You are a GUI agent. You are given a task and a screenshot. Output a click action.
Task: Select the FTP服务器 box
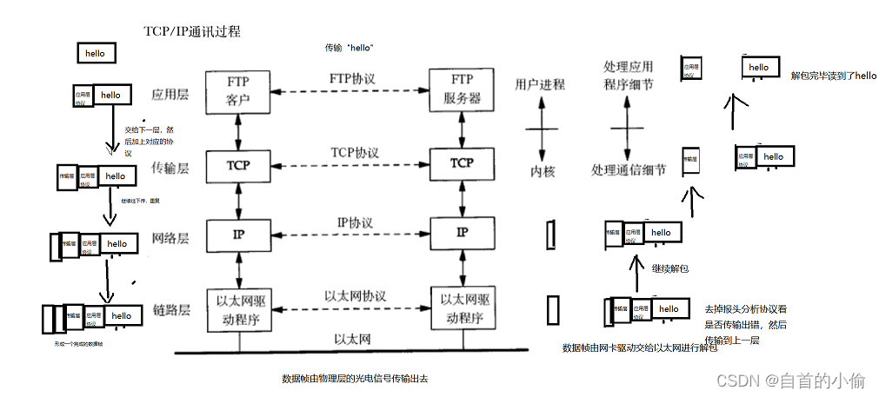pos(462,90)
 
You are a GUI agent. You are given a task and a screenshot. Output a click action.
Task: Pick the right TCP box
pos(462,163)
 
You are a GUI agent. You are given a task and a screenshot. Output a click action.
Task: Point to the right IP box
pos(462,233)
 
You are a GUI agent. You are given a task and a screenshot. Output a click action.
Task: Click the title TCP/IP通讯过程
pos(191,31)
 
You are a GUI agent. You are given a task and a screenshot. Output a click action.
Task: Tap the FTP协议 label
pos(352,78)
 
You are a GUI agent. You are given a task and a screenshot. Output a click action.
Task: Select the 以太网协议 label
pos(353,296)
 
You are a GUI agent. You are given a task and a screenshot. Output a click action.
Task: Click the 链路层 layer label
pos(171,310)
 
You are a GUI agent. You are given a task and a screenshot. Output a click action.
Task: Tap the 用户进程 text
pos(540,84)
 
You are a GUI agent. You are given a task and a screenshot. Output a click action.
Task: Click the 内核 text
pos(543,171)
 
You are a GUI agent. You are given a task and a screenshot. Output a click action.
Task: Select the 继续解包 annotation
pos(669,268)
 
